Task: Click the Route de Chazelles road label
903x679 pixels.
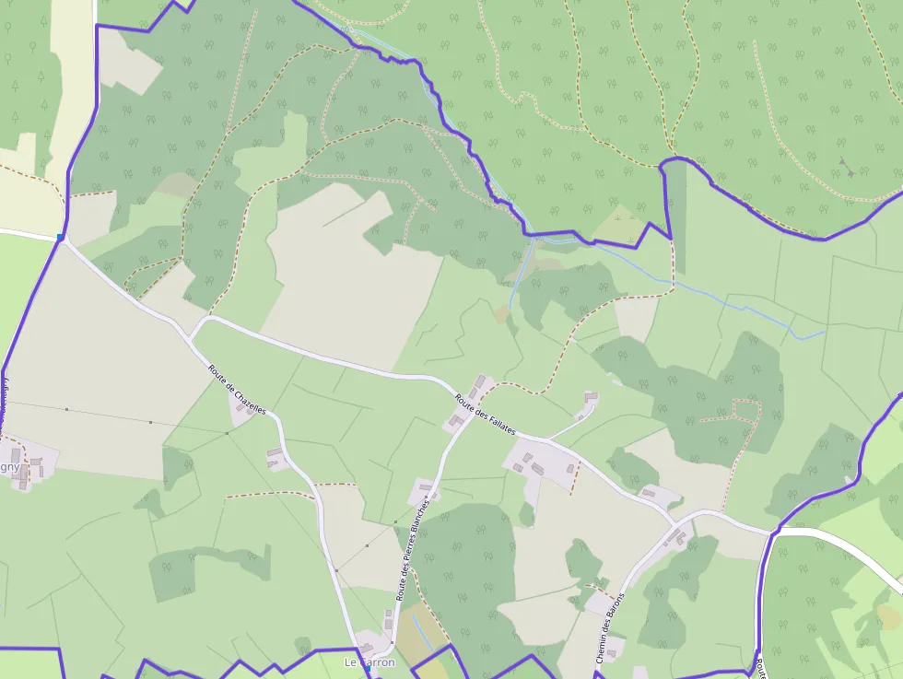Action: [x=237, y=390]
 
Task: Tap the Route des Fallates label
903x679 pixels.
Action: [x=486, y=416]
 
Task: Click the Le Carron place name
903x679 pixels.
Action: [x=369, y=662]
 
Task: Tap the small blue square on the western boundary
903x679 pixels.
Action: [x=61, y=238]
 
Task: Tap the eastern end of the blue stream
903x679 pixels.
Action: [x=823, y=332]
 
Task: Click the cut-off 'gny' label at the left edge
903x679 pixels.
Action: [x=9, y=466]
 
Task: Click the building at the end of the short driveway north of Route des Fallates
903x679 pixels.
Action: [x=591, y=398]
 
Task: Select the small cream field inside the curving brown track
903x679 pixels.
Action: [x=635, y=318]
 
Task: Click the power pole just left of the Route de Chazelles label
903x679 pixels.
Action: [x=227, y=432]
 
